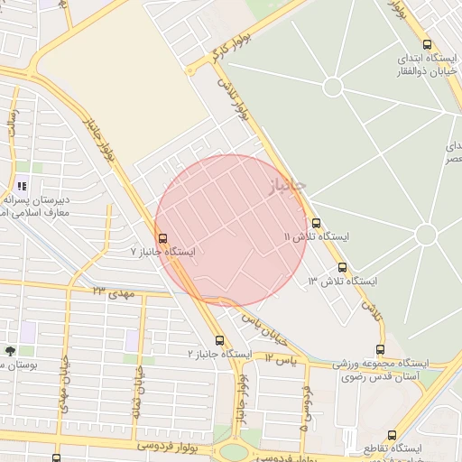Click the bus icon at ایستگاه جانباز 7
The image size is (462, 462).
(x=162, y=238)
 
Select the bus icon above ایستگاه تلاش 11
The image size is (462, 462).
(x=315, y=223)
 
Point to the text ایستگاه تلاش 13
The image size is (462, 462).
(x=342, y=282)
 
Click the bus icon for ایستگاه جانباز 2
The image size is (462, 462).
(x=219, y=340)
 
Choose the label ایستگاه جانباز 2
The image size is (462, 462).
(x=219, y=354)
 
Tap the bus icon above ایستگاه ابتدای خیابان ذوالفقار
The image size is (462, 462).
(x=427, y=44)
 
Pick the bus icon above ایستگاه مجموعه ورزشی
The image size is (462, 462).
(x=380, y=350)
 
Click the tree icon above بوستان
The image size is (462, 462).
(x=10, y=350)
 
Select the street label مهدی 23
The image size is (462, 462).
(x=112, y=292)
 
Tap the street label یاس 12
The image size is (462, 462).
(x=281, y=358)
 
